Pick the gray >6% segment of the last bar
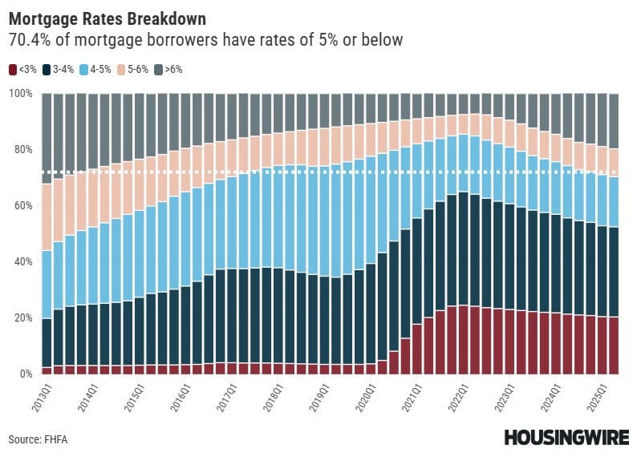pyautogui.click(x=613, y=121)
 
